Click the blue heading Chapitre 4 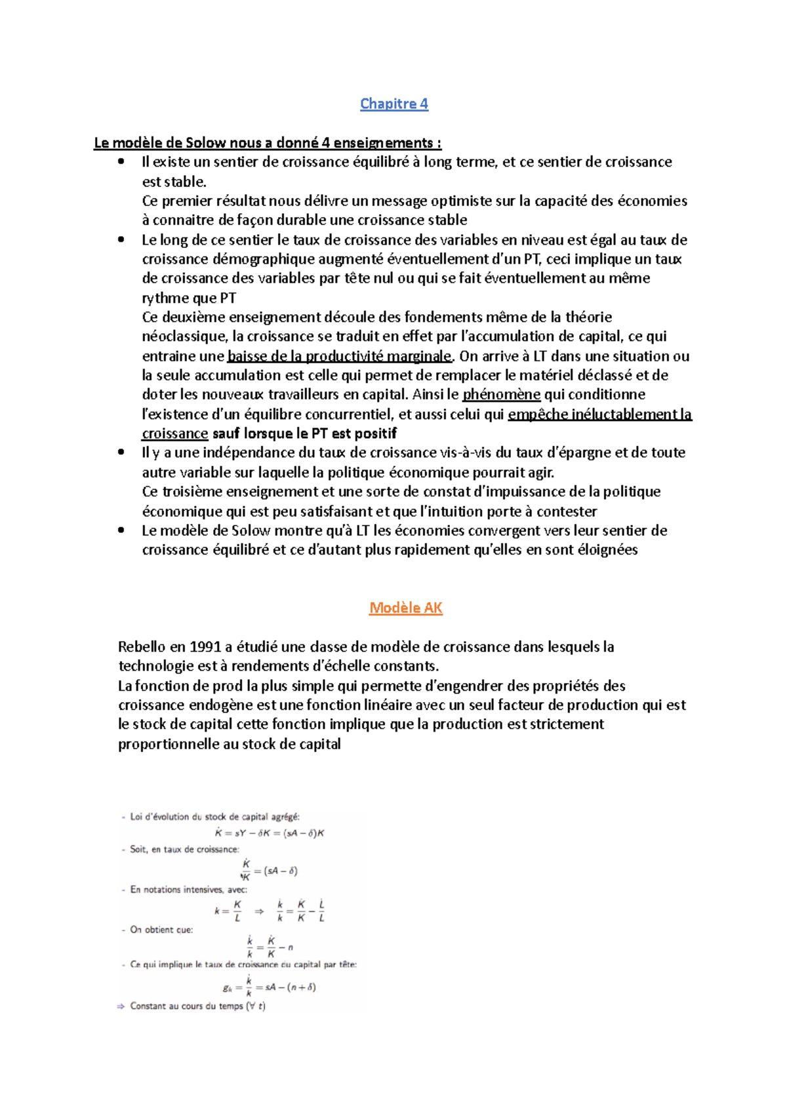(394, 104)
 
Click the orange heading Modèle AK (405, 608)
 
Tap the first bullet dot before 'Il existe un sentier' (121, 162)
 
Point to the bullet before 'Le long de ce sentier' (121, 240)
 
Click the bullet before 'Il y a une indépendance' (121, 453)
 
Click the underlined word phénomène (501, 394)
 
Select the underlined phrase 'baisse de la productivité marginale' (339, 356)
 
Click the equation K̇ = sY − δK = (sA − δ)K (270, 833)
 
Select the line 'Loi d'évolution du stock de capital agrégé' (214, 817)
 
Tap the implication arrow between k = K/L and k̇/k (259, 911)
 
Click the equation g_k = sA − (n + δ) (270, 987)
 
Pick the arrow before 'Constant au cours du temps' (121, 1006)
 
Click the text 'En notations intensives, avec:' (188, 890)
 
